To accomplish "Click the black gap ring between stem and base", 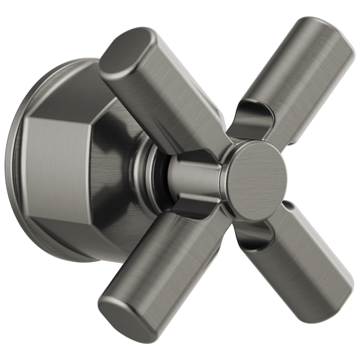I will [x=157, y=174].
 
